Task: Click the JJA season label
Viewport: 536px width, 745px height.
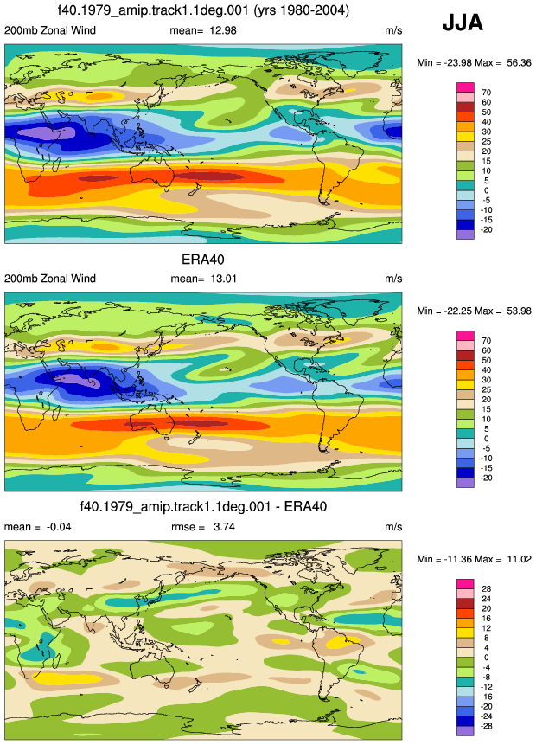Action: pos(463,22)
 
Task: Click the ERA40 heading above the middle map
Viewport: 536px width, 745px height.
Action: pos(202,260)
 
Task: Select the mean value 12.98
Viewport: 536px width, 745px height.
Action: pos(223,30)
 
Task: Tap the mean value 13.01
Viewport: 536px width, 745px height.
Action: pos(223,279)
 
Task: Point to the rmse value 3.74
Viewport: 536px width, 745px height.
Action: pos(224,526)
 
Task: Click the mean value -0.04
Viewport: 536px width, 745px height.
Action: pos(59,526)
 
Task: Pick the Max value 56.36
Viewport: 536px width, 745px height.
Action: pos(519,62)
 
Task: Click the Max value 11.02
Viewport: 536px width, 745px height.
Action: pos(519,559)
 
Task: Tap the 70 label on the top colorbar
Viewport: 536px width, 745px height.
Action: pos(486,93)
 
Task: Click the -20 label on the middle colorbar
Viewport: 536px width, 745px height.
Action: pos(486,478)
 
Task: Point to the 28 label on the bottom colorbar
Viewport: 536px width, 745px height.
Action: pos(486,588)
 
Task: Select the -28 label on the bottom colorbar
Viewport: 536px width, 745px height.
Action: pos(486,726)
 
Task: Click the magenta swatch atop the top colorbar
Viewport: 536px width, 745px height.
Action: pos(465,87)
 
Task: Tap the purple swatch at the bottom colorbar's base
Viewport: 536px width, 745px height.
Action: pos(465,731)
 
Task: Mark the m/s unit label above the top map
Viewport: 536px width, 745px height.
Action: pos(393,30)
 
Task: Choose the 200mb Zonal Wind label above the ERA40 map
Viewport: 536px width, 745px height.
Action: pos(50,279)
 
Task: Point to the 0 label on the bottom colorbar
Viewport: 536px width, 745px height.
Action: pos(486,658)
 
